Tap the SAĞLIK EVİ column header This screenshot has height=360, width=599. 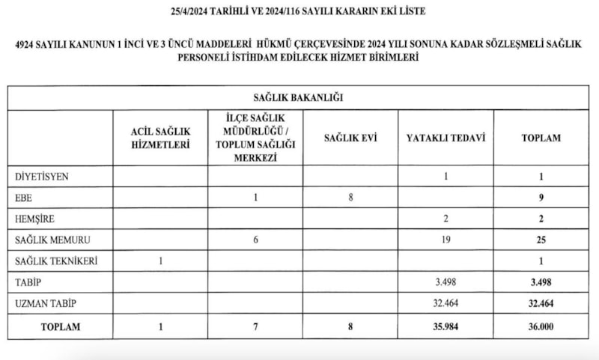click(350, 138)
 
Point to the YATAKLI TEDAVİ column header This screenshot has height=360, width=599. click(446, 138)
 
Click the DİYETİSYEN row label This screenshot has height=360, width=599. click(43, 177)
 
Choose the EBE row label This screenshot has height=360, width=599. click(24, 198)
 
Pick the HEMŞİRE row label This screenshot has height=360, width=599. click(36, 219)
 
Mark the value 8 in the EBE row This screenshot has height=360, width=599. click(350, 198)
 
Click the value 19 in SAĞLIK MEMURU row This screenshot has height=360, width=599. click(446, 240)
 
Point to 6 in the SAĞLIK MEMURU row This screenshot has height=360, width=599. click(255, 240)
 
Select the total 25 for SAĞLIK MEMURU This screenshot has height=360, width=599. click(541, 240)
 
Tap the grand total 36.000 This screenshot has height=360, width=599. click(541, 327)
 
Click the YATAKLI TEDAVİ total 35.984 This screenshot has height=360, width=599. click(446, 327)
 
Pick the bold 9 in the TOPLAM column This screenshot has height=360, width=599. click(541, 198)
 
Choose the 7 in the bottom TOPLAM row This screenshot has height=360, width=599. click(255, 327)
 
